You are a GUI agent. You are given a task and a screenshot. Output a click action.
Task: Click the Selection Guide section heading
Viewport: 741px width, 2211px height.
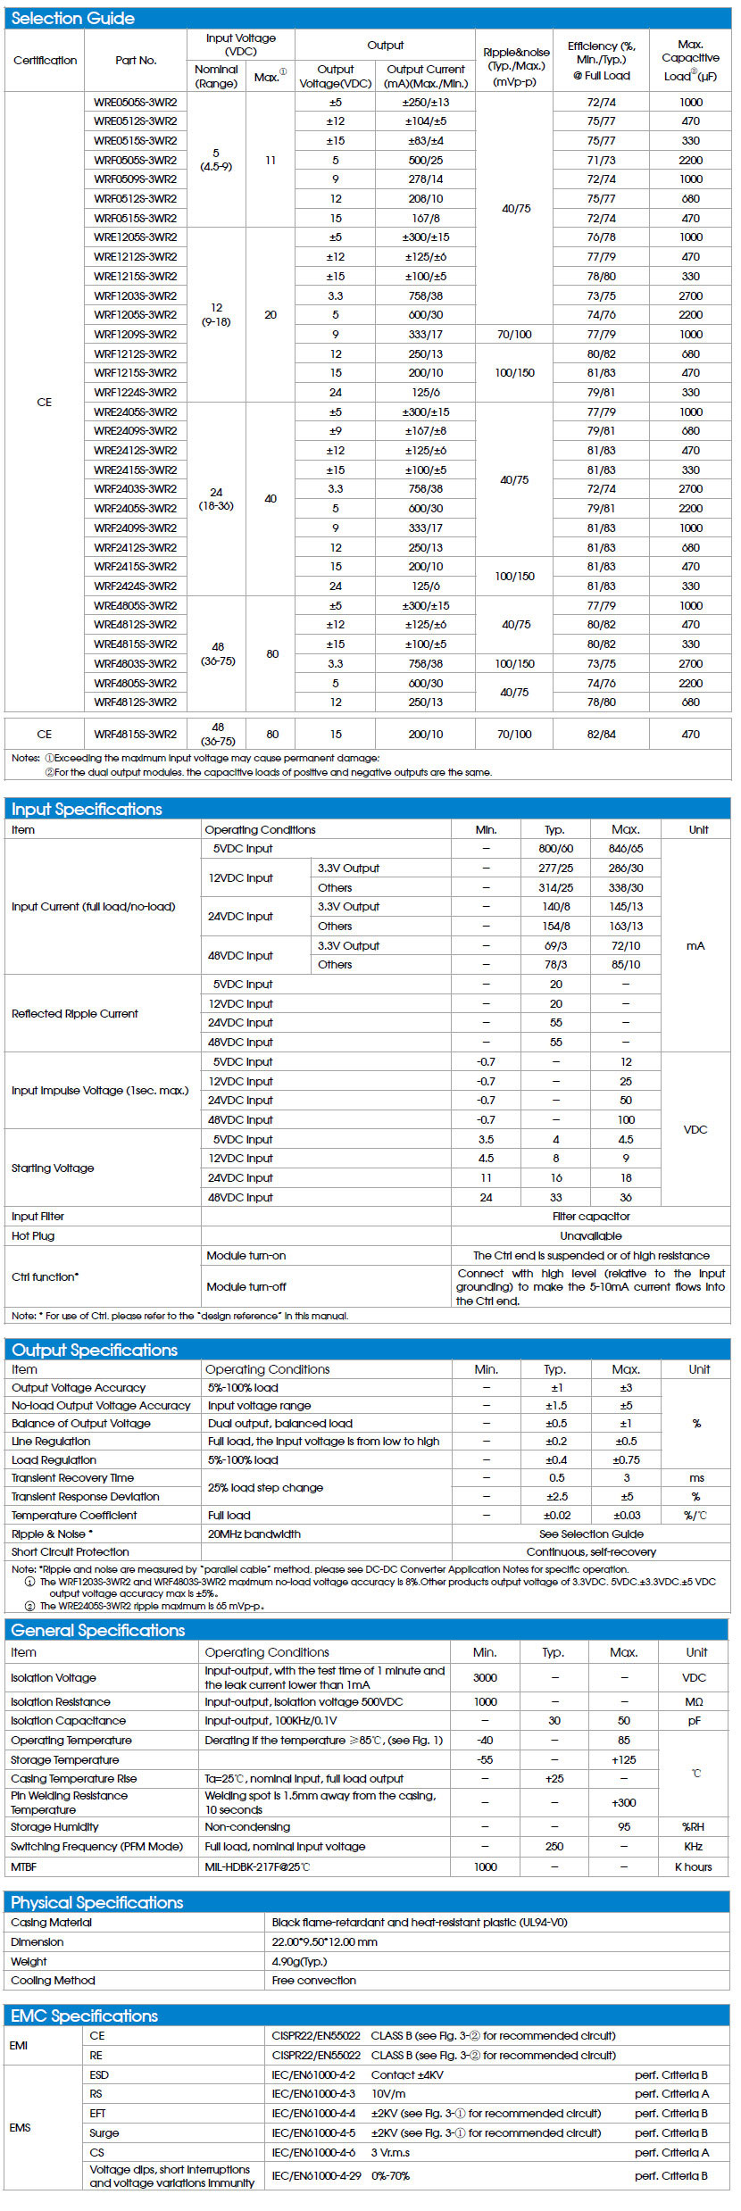[x=73, y=18]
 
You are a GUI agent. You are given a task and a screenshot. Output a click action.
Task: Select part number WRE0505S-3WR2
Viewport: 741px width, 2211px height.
[x=136, y=102]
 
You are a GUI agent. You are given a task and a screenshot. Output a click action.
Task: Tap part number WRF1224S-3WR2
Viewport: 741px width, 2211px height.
[x=136, y=392]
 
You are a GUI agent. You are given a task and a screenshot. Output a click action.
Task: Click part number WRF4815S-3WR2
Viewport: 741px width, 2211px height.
[x=136, y=735]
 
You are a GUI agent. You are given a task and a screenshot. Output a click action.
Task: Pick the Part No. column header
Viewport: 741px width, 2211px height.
[x=136, y=61]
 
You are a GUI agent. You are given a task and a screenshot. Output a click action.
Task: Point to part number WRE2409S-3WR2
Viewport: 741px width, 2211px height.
[x=136, y=431]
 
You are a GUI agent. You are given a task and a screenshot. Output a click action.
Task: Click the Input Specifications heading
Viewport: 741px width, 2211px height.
[x=87, y=810]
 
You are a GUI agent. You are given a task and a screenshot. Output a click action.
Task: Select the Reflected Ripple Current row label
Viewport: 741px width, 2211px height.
[x=75, y=1013]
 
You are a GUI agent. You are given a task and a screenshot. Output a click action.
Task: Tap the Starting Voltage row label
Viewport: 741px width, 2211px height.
[x=53, y=1168]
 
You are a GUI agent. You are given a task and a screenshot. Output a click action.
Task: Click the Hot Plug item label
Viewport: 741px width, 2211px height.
[x=33, y=1236]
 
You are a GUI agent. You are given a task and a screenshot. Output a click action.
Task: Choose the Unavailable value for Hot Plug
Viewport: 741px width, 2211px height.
[x=591, y=1236]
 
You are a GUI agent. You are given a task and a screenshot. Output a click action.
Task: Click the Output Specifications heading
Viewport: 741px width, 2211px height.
[x=95, y=1350]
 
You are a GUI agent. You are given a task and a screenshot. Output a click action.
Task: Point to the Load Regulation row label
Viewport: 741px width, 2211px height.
[x=54, y=1460]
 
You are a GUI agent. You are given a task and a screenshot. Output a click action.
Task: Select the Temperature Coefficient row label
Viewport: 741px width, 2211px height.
[x=74, y=1516]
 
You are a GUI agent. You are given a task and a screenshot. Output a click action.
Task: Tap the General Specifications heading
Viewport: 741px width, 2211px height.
[x=98, y=1630]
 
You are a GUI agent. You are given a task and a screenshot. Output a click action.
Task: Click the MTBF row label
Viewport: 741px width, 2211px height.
[x=24, y=1866]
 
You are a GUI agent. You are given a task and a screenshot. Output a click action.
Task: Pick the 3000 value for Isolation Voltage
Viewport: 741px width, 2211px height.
[x=485, y=1677]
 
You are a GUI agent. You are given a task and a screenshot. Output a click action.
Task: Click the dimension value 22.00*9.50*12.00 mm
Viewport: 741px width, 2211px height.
[x=325, y=1942]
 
